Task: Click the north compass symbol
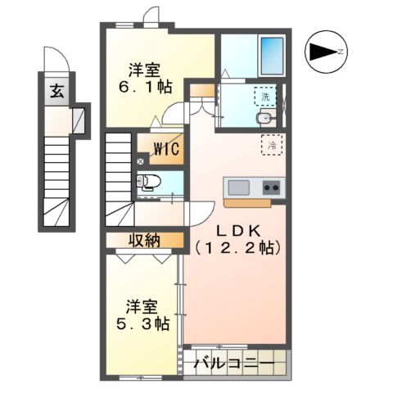[325, 53]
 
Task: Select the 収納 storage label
[144, 240]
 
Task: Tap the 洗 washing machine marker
[264, 97]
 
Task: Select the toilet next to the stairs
[150, 182]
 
